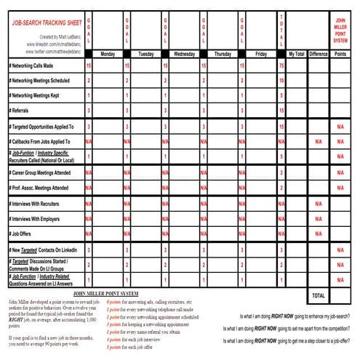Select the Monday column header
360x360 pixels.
point(107,54)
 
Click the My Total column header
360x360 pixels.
point(295,54)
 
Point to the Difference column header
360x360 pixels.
point(318,54)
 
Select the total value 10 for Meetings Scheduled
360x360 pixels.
point(281,80)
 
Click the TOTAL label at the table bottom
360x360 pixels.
point(318,296)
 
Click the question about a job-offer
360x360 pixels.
point(294,341)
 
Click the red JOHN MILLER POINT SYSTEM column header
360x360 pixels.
point(340,32)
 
